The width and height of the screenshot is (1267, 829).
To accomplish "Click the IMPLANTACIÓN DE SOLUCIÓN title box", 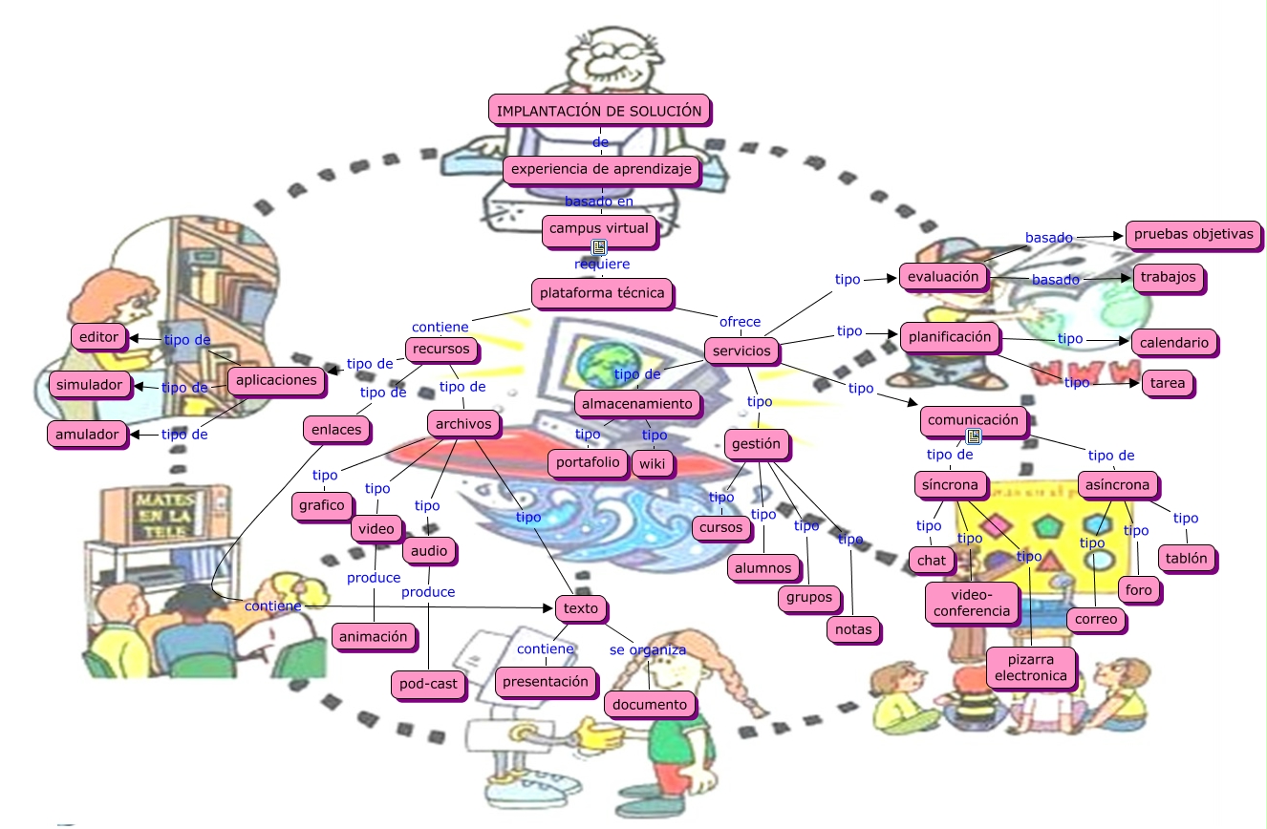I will click(x=599, y=111).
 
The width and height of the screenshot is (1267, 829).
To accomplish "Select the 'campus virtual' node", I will click(x=599, y=228).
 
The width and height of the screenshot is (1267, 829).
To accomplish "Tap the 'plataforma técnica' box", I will click(x=602, y=292).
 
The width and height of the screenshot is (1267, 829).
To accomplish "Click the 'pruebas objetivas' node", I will click(x=1192, y=234).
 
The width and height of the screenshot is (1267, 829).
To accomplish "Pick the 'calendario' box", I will click(x=1174, y=342).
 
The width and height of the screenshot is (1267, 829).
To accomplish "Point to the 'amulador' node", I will click(x=87, y=435).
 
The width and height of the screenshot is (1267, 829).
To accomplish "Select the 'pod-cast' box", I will click(x=430, y=684).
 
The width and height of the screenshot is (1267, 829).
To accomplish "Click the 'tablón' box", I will click(x=1187, y=558).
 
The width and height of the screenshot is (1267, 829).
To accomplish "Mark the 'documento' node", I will click(x=650, y=705).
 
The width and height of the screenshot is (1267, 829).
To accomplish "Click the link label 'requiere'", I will click(x=602, y=264).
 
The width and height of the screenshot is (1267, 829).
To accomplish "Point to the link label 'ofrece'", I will click(x=740, y=322).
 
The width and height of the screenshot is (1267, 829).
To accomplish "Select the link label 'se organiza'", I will click(x=648, y=649).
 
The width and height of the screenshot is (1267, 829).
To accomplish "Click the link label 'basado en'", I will click(x=599, y=202).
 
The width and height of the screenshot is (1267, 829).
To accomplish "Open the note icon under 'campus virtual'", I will click(x=599, y=247).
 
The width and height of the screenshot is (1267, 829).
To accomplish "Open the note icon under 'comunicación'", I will click(x=974, y=436).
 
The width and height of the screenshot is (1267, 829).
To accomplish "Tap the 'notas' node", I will click(x=853, y=629).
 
